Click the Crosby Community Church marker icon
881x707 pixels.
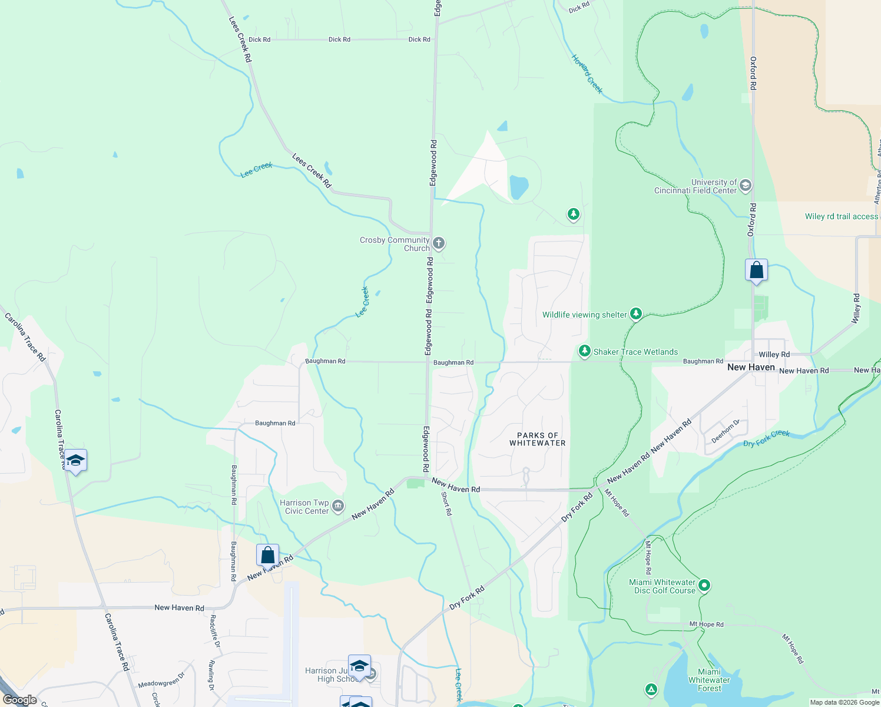click(438, 243)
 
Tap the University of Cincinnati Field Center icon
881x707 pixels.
click(745, 186)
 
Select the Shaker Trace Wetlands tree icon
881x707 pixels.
click(584, 351)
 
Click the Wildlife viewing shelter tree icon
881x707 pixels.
click(635, 313)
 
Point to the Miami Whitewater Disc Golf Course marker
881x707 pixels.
click(704, 586)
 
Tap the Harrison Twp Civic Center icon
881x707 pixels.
click(338, 506)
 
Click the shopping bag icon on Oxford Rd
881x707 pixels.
click(756, 270)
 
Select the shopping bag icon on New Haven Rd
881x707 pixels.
click(267, 555)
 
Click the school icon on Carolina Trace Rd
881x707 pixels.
click(75, 460)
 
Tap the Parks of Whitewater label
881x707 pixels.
click(537, 439)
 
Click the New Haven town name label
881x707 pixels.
click(751, 367)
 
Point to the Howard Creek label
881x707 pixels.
click(587, 74)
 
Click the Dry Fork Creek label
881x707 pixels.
click(766, 438)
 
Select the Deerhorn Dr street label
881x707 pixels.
click(725, 431)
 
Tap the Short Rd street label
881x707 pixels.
click(447, 504)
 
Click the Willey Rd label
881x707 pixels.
click(774, 355)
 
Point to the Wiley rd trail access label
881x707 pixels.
click(841, 216)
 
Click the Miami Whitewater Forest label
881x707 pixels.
click(709, 680)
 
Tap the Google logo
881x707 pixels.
click(20, 700)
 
